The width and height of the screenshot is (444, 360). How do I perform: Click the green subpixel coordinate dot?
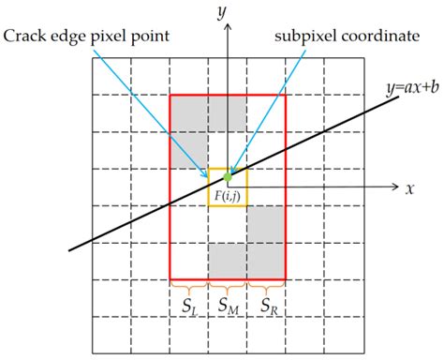[227, 176]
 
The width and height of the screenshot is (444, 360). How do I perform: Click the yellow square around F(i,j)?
[227, 187]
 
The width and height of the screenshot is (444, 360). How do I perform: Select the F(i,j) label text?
[227, 194]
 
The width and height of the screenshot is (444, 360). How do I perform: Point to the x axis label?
[410, 187]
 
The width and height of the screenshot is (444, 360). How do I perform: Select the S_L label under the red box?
[188, 305]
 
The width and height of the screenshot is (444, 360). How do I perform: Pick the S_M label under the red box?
[227, 305]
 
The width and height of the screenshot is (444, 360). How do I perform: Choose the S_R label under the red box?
[266, 305]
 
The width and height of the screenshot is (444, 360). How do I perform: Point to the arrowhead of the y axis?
[227, 27]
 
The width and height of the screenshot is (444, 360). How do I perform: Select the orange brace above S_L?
[188, 285]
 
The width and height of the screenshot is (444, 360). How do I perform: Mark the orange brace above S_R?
[266, 285]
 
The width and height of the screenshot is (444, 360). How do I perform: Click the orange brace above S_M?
[227, 285]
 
